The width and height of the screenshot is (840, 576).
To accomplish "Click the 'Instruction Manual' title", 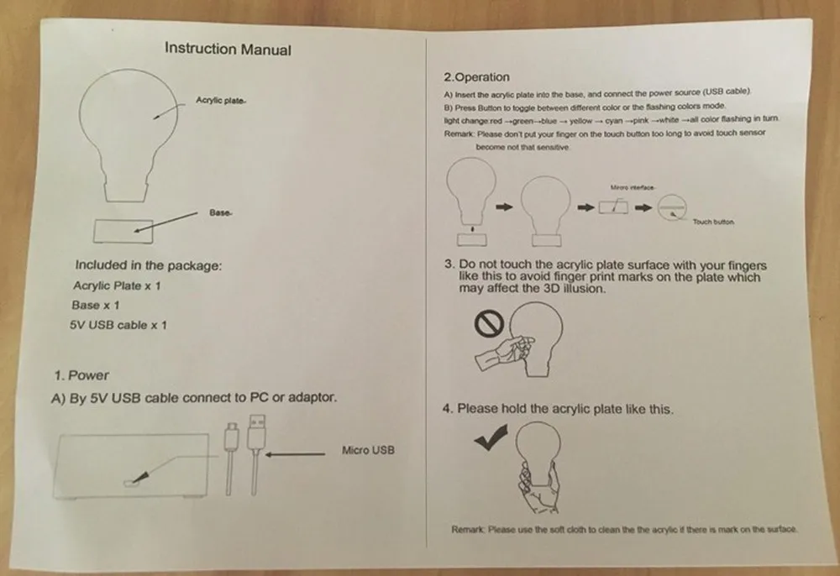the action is tap(228, 49).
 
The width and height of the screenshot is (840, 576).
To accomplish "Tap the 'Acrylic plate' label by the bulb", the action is tap(220, 100).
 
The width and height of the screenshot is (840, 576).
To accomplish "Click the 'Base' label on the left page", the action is tap(220, 213).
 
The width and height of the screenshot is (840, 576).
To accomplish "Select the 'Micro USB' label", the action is tap(368, 451).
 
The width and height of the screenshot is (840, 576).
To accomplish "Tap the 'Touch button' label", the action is tap(713, 223).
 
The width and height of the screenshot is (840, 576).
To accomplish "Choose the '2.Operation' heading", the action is tap(476, 77).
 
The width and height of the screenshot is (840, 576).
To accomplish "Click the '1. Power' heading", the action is tap(81, 375).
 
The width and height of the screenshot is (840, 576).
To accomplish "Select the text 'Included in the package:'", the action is tap(149, 265).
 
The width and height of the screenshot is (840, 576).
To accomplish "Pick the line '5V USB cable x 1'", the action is tap(118, 325).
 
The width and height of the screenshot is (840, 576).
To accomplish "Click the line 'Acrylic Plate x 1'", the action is tap(117, 285).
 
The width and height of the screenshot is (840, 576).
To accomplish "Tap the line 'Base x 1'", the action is tap(96, 305).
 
